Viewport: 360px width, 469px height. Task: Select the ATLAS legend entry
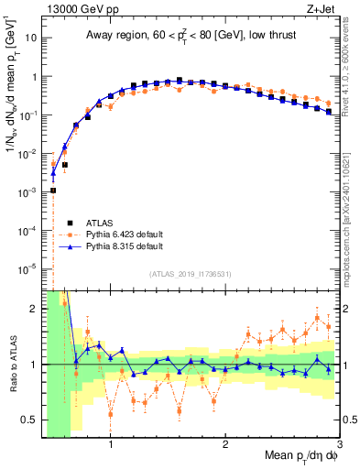(x=98, y=222)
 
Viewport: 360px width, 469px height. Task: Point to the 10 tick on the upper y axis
(x=31, y=39)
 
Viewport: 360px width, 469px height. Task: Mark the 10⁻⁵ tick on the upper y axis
(x=27, y=267)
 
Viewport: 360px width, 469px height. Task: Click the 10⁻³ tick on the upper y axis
(x=27, y=191)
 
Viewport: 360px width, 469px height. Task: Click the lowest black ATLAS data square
(x=53, y=191)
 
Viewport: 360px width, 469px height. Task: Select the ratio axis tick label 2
(x=34, y=309)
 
